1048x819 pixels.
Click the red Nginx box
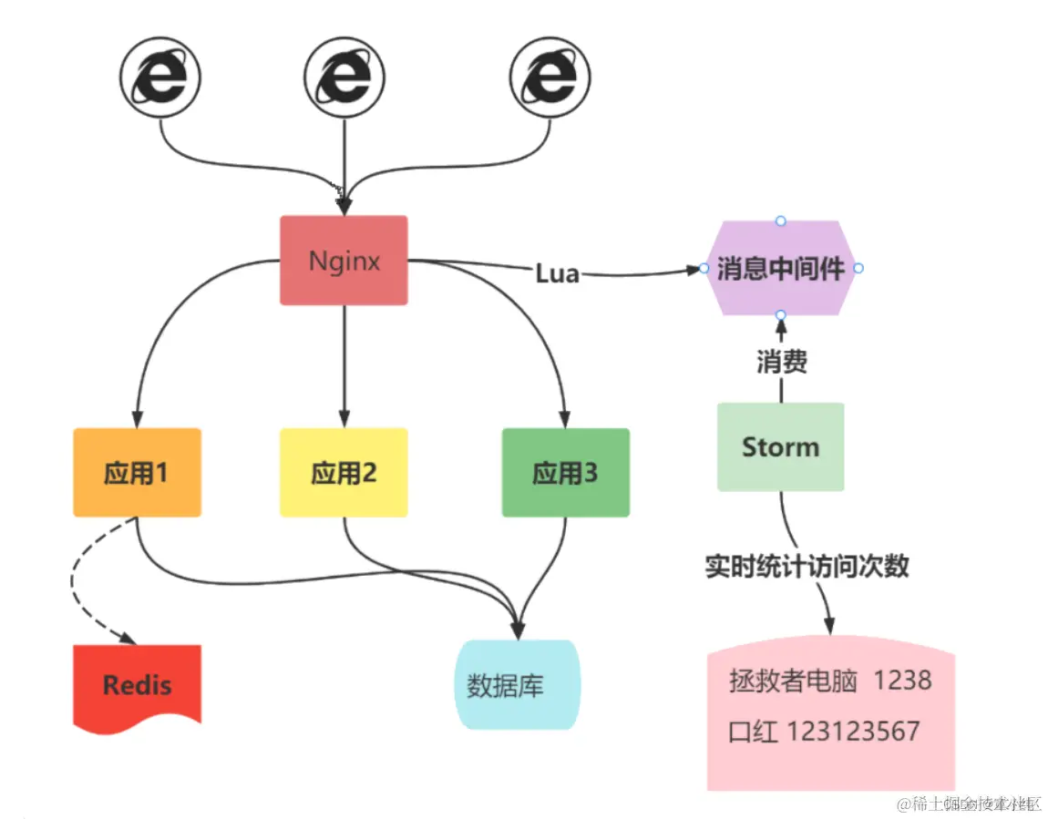(x=344, y=261)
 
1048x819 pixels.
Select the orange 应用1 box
(x=137, y=473)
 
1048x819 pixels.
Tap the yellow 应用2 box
(x=344, y=473)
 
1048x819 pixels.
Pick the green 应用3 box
(x=565, y=473)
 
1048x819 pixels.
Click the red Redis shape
(x=137, y=685)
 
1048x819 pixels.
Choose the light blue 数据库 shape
(x=516, y=685)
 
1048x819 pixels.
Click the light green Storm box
(x=780, y=447)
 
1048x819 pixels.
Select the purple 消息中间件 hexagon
(x=781, y=268)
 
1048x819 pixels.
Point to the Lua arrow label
(x=557, y=272)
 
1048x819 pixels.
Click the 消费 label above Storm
(x=781, y=363)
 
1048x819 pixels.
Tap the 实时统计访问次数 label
(x=807, y=566)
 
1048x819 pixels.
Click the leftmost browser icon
(x=160, y=79)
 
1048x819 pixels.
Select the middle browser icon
(x=344, y=79)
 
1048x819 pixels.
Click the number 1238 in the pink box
(x=902, y=681)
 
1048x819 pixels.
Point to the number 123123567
(x=852, y=732)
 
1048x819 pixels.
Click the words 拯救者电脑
(x=793, y=681)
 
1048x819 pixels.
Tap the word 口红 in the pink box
(x=754, y=732)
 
